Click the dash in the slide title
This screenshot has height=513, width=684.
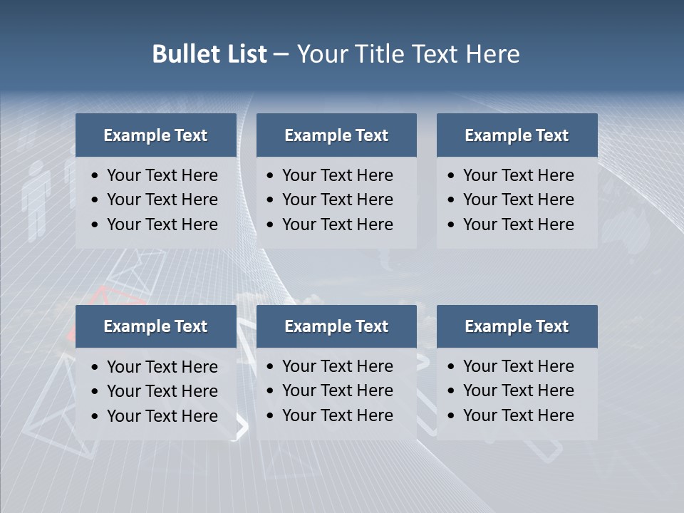(x=281, y=54)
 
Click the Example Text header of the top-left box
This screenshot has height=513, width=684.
(x=155, y=135)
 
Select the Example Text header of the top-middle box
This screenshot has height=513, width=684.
(x=336, y=135)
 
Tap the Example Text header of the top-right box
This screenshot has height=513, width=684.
(x=517, y=135)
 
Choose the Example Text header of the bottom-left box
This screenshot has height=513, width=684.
(x=155, y=326)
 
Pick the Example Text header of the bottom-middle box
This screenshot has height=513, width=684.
(x=336, y=326)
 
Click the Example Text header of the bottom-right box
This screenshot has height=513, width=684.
(x=517, y=326)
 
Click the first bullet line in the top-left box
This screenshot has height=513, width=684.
(x=162, y=175)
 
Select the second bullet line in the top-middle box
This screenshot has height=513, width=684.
(x=337, y=199)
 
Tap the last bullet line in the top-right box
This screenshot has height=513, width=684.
(x=518, y=224)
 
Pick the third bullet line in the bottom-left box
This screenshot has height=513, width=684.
(x=162, y=416)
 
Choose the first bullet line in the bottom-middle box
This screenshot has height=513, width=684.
(x=337, y=366)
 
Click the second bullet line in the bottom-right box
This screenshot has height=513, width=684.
(x=518, y=390)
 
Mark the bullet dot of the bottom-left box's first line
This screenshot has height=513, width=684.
(x=95, y=368)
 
